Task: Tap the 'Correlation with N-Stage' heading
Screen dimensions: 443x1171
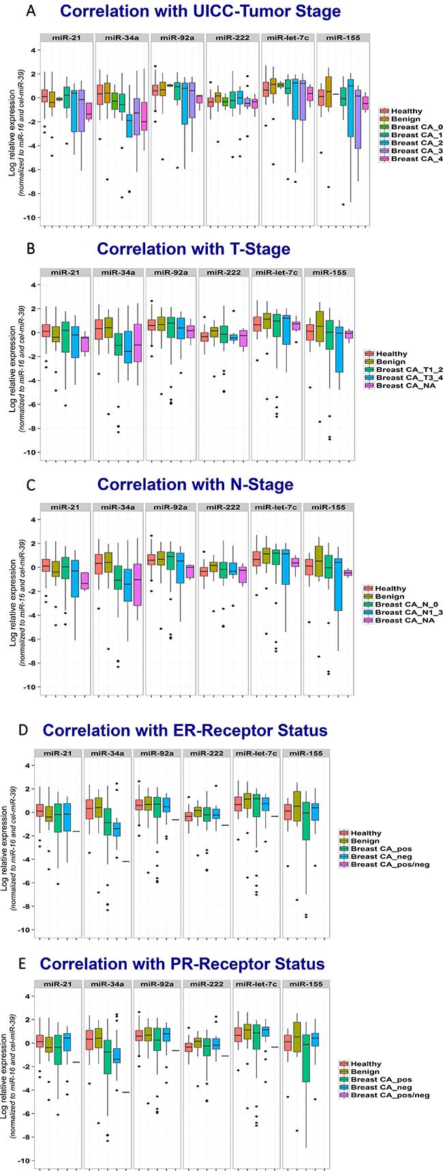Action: pos(196,484)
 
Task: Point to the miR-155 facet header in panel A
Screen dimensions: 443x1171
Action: pos(343,37)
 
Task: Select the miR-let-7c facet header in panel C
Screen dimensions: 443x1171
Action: pos(276,507)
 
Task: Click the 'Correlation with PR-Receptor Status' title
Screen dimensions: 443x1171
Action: pos(182,964)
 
